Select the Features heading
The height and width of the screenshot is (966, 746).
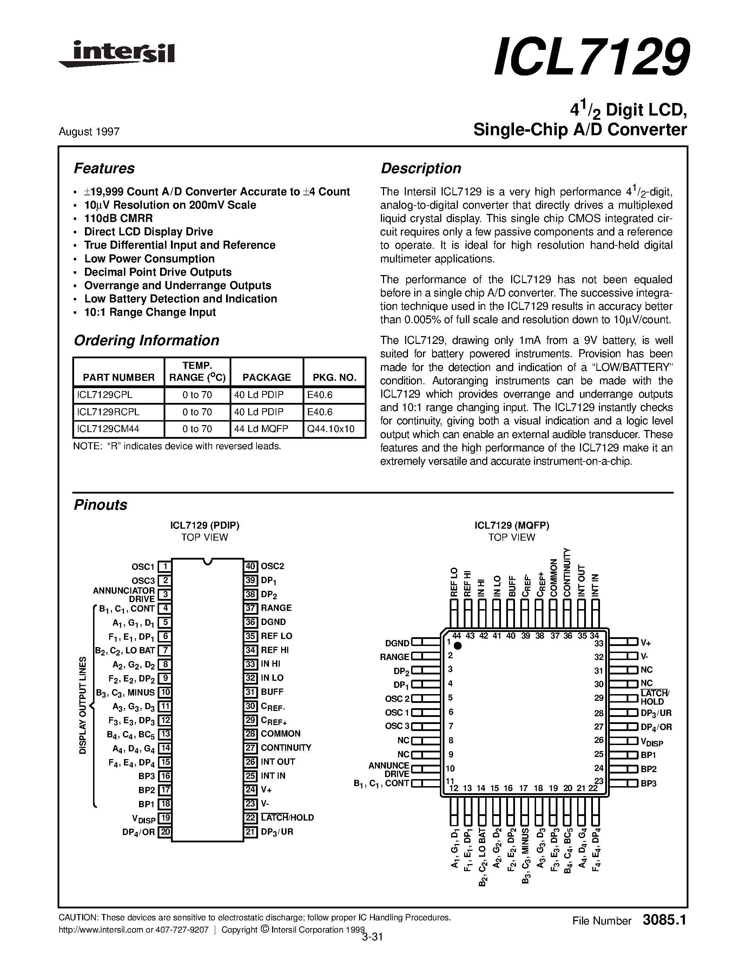pyautogui.click(x=104, y=169)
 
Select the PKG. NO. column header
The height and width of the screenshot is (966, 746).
pyautogui.click(x=334, y=377)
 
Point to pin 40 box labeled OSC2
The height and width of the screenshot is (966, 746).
pyautogui.click(x=251, y=566)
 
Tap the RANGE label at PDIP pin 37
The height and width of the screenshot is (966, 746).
pyautogui.click(x=276, y=608)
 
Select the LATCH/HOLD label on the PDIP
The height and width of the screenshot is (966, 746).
pyautogui.click(x=287, y=817)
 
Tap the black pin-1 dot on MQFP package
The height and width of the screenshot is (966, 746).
pyautogui.click(x=458, y=646)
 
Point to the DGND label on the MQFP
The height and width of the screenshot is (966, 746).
pyautogui.click(x=397, y=643)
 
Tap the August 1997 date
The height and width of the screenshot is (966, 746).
pyautogui.click(x=89, y=132)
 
